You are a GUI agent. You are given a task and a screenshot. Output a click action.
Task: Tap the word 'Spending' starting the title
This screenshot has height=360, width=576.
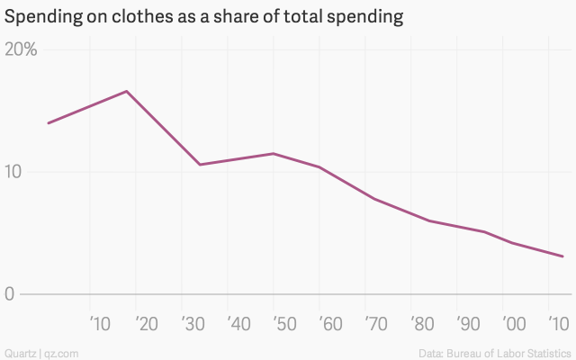pyautogui.click(x=40, y=16)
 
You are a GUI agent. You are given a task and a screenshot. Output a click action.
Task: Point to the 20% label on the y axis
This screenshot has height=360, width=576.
pyautogui.click(x=21, y=49)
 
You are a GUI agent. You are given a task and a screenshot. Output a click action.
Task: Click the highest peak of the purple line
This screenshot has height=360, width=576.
pyautogui.click(x=127, y=91)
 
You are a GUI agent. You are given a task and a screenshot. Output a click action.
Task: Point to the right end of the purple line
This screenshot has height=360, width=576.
pyautogui.click(x=562, y=256)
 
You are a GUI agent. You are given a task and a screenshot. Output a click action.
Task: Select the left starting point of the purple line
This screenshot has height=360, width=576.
pyautogui.click(x=49, y=122)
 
